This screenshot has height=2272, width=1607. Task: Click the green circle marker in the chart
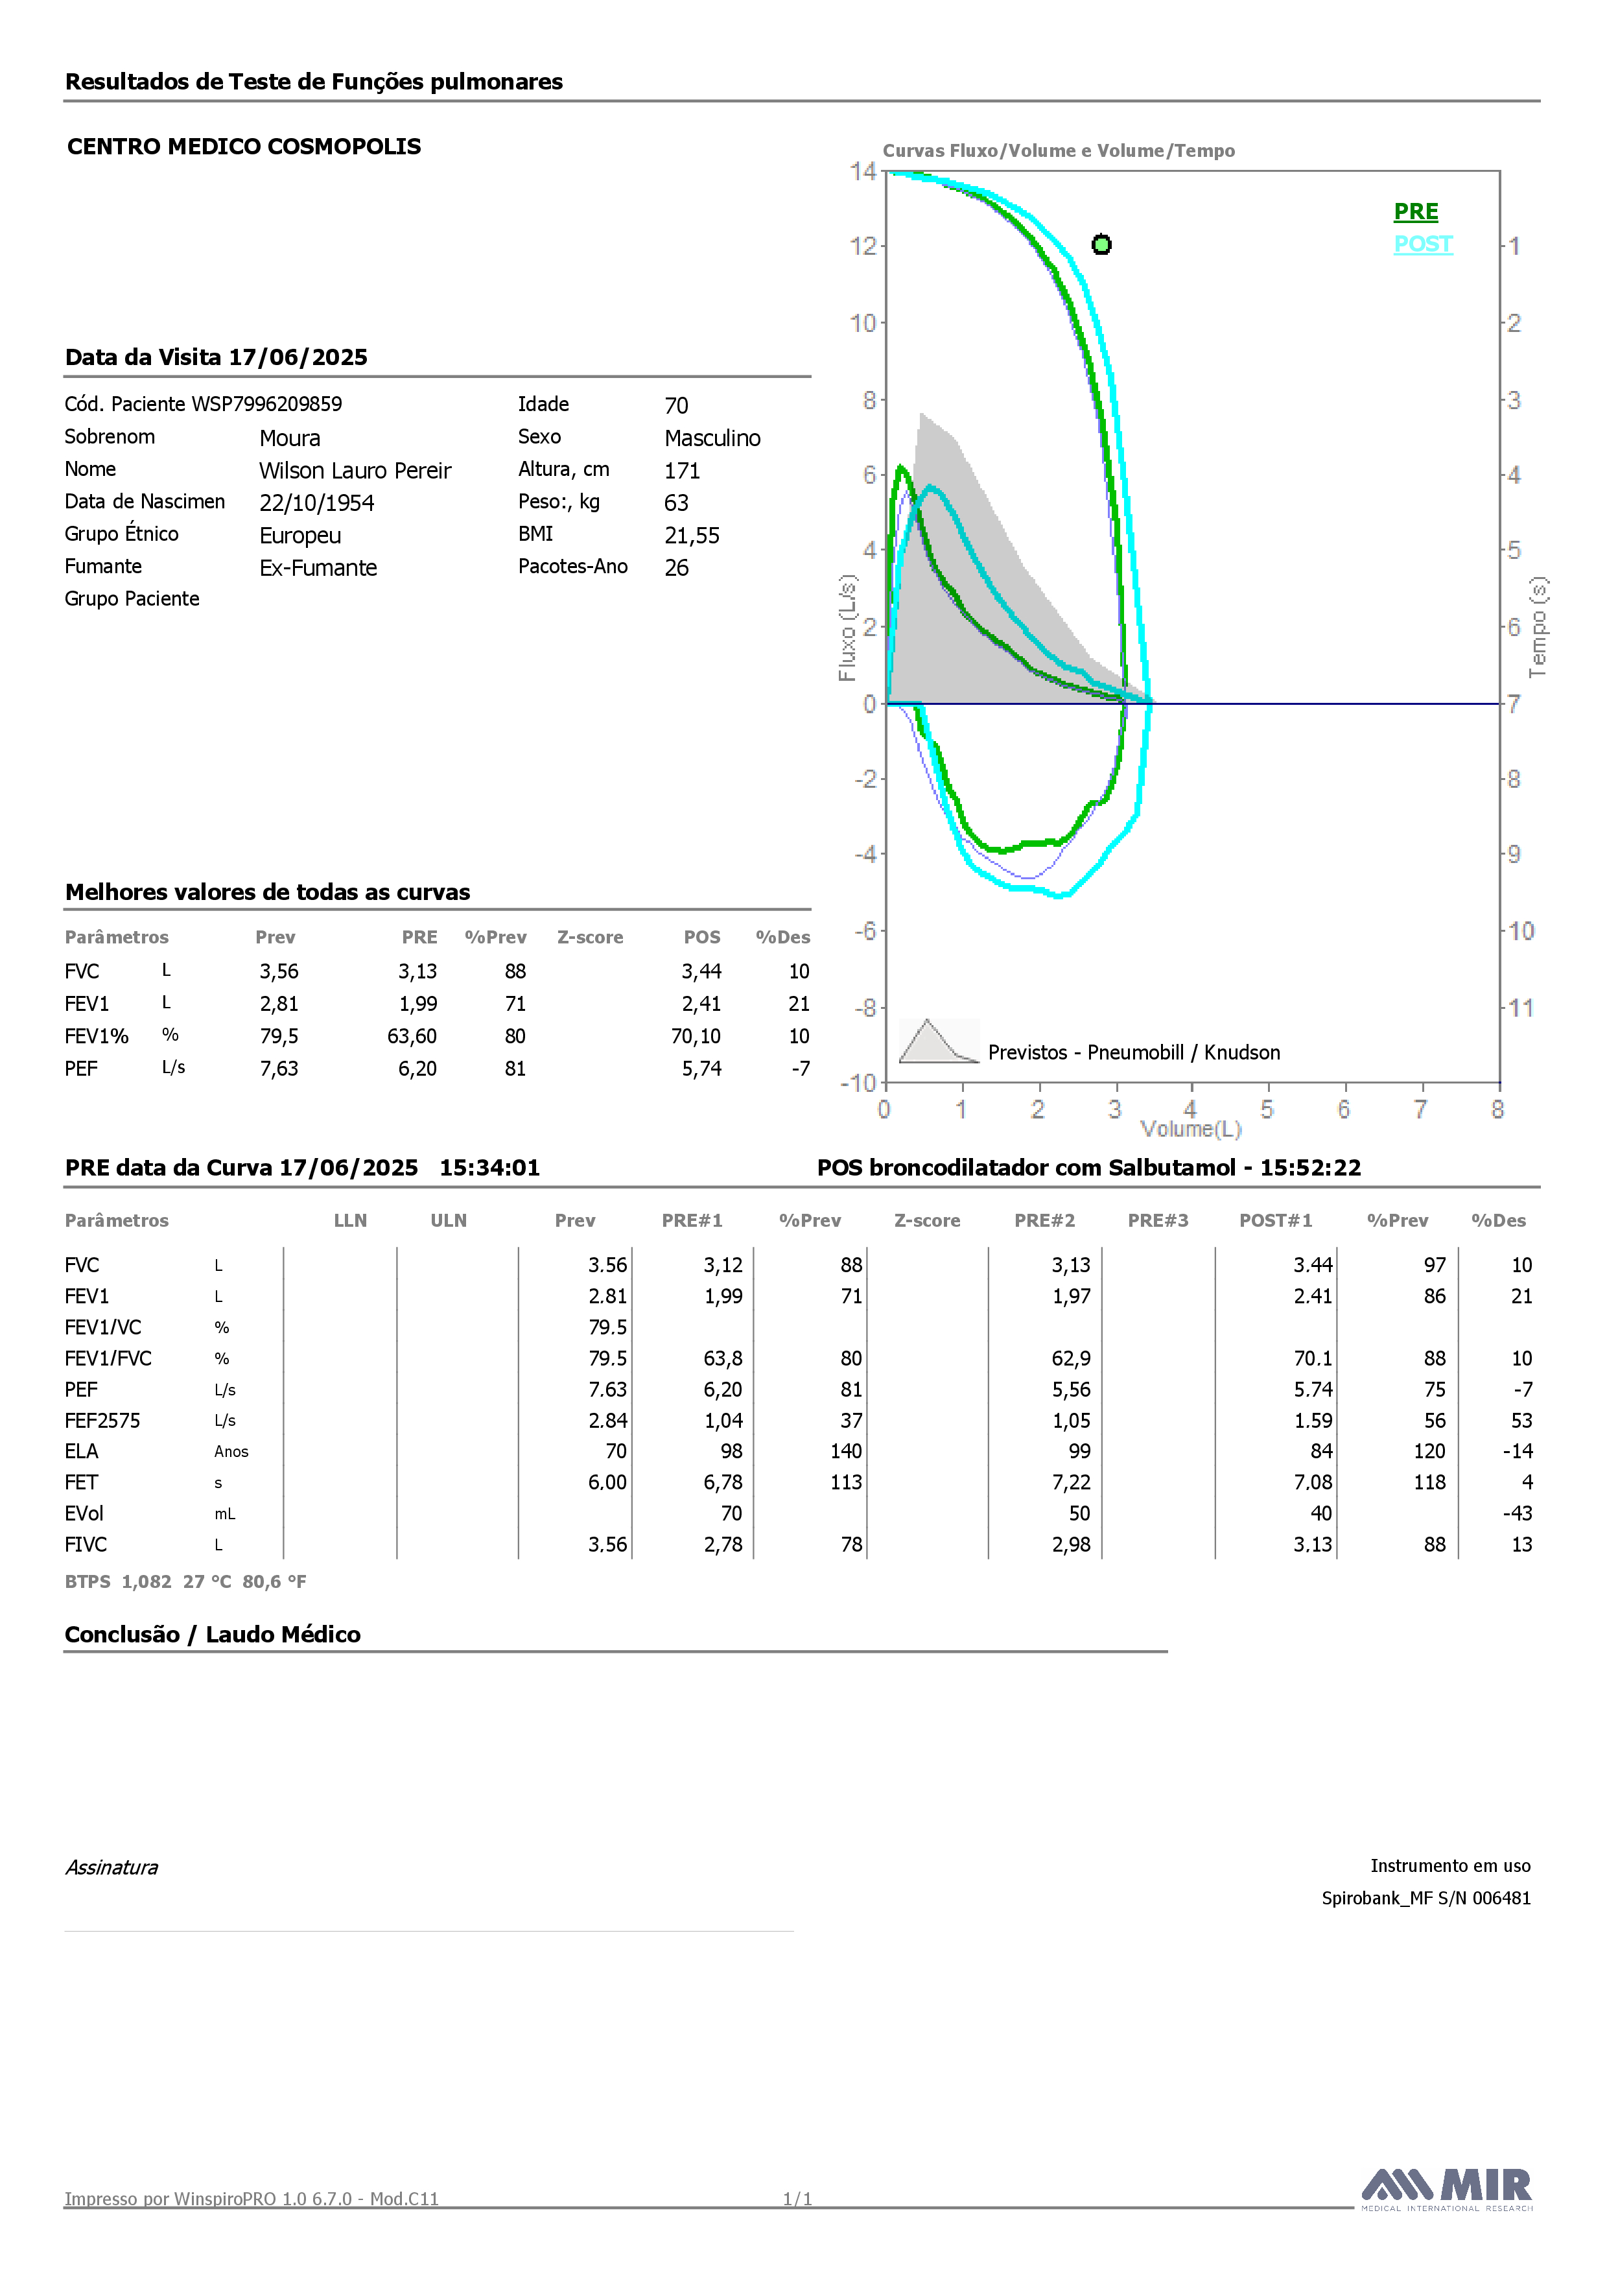(1101, 244)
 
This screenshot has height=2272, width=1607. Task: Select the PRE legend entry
(1416, 212)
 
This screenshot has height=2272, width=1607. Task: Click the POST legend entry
(1423, 244)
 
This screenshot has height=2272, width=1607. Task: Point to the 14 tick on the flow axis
(863, 171)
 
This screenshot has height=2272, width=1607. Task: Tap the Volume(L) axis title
(1190, 1129)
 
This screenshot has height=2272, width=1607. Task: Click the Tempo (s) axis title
(1538, 628)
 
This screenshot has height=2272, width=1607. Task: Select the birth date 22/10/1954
(316, 503)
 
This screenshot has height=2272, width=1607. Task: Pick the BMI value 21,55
(692, 536)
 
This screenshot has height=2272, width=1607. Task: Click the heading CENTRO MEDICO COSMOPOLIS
(244, 147)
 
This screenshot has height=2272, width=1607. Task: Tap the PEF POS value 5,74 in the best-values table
(701, 1069)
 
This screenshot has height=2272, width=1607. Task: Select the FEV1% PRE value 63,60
(412, 1036)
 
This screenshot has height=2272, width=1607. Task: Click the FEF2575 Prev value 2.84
(607, 1421)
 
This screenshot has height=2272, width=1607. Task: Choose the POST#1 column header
(1276, 1221)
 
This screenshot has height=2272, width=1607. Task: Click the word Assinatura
(111, 1867)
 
